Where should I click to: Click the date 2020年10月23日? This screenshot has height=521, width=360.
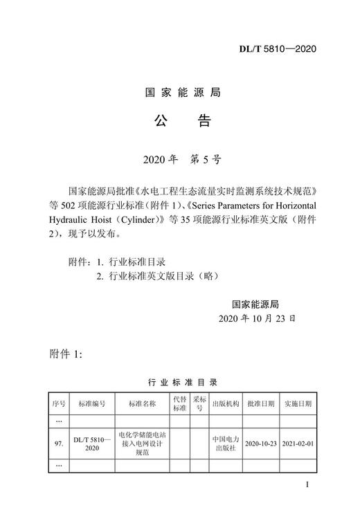[x=256, y=319]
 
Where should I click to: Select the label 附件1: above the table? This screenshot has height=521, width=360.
[x=67, y=354]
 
